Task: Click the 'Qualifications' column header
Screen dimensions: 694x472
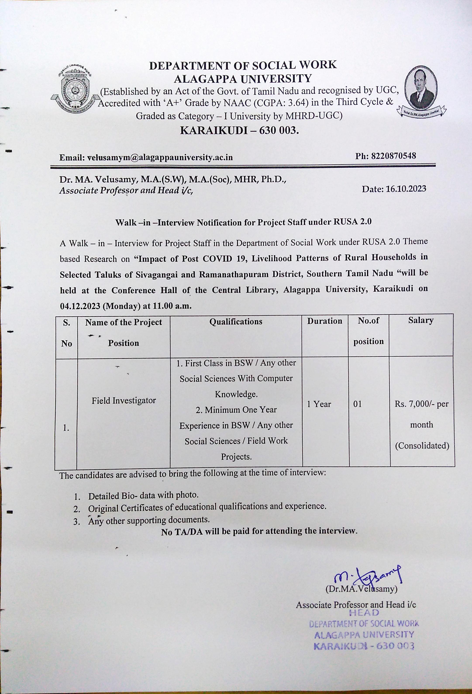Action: point(236,322)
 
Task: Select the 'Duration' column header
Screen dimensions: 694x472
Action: point(325,321)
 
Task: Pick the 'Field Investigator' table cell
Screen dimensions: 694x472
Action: point(124,401)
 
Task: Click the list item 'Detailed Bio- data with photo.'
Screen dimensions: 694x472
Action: point(143,495)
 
